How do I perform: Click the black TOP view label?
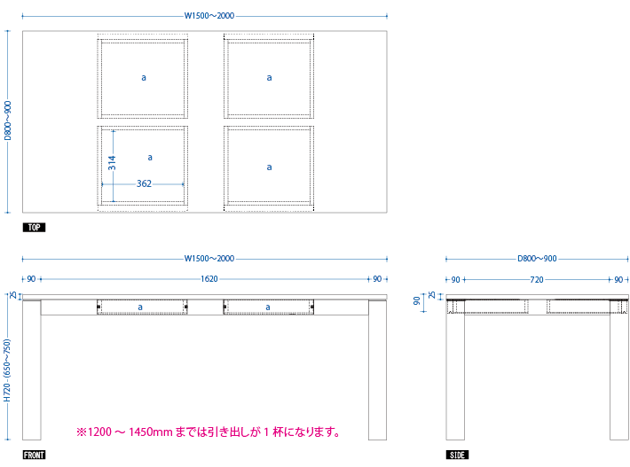pyautogui.click(x=34, y=228)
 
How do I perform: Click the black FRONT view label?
pyautogui.click(x=34, y=455)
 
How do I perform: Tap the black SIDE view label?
pyautogui.click(x=457, y=455)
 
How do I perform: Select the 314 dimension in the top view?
pyautogui.click(x=112, y=162)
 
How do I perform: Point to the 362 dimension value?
pyautogui.click(x=144, y=183)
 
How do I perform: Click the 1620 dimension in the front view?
pyautogui.click(x=209, y=279)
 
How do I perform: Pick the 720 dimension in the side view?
pyautogui.click(x=537, y=280)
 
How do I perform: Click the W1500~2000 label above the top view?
pyautogui.click(x=209, y=16)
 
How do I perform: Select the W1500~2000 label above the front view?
pyautogui.click(x=209, y=259)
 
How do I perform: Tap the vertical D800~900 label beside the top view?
pyautogui.click(x=8, y=121)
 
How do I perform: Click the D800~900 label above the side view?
pyautogui.click(x=537, y=259)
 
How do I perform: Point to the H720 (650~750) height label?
pyautogui.click(x=7, y=370)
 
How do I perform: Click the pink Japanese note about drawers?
pyautogui.click(x=209, y=432)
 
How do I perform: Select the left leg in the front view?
pyautogui.click(x=32, y=370)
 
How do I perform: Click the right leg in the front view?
pyautogui.click(x=378, y=370)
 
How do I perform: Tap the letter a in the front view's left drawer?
pyautogui.click(x=140, y=307)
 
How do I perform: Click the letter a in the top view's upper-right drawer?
pyautogui.click(x=269, y=78)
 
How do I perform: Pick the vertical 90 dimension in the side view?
pyautogui.click(x=417, y=300)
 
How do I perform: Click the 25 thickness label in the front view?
pyautogui.click(x=13, y=295)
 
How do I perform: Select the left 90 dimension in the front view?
pyautogui.click(x=31, y=279)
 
